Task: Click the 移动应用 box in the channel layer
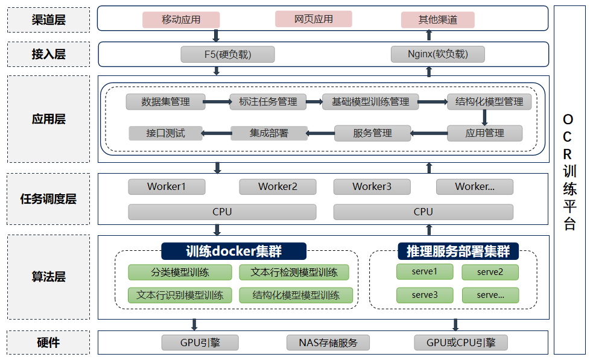181,20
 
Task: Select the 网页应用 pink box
314,19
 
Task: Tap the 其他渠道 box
438,20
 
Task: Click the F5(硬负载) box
227,54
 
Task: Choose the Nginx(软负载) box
438,54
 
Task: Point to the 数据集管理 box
166,102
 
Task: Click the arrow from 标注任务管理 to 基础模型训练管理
314,102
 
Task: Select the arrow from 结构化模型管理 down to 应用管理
484,118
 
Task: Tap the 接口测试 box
165,133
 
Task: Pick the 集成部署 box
269,133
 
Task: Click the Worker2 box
278,187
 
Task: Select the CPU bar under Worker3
423,212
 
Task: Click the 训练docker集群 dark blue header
234,251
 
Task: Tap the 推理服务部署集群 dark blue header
458,251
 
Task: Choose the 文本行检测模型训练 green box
294,273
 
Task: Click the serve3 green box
425,295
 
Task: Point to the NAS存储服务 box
328,343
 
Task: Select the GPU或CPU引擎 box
461,343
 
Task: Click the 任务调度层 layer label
49,199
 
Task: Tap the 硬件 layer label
49,343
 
